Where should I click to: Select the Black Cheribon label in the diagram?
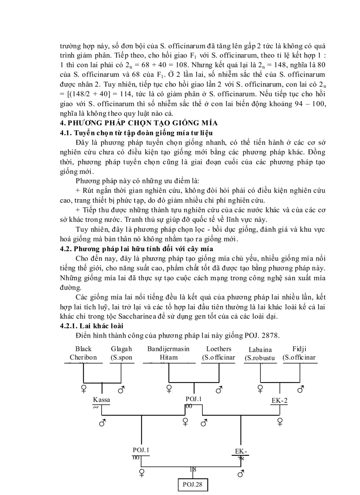[x=83, y=353]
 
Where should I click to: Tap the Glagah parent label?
[x=121, y=353]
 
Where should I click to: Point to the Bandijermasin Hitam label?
[x=168, y=353]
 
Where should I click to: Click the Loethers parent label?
[x=218, y=353]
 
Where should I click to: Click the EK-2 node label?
[x=279, y=401]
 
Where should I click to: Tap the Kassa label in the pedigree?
[x=101, y=400]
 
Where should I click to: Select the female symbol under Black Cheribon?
[x=83, y=388]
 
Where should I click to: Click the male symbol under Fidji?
[x=300, y=389]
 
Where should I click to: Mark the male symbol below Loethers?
[x=218, y=389]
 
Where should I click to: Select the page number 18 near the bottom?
[x=193, y=469]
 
